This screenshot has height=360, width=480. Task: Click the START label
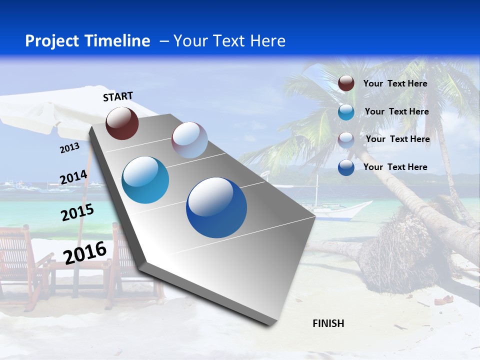118,96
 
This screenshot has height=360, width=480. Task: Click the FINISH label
328,323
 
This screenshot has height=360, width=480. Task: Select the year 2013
69,147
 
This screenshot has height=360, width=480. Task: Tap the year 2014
73,177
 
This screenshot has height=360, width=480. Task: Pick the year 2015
77,213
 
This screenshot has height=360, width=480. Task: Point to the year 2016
85,252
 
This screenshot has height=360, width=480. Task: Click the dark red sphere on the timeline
122,123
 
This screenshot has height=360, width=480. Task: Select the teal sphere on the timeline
145,180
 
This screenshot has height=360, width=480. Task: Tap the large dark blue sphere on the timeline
216,207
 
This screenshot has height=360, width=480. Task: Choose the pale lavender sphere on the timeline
189,140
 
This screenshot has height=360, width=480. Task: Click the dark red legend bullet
346,83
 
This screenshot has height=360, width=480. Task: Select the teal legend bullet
346,112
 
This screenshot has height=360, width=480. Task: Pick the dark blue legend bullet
346,167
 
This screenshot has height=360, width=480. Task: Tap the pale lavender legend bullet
346,139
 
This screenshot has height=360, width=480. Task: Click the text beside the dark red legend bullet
395,83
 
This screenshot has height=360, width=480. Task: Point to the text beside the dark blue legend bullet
395,167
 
